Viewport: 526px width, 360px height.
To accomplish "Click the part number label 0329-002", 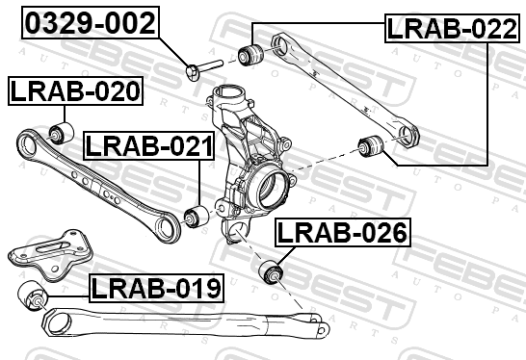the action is point(91,22).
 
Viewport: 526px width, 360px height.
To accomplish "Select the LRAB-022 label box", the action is point(452,29).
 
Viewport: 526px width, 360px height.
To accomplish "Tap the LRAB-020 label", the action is point(75,90).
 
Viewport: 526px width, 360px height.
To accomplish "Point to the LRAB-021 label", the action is point(149,145).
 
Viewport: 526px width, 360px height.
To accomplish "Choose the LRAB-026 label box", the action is point(343,232).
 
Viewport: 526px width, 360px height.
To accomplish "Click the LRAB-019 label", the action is point(156,288).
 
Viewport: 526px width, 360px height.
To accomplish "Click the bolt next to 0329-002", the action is point(203,68).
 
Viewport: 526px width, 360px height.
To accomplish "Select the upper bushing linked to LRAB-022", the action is point(250,54).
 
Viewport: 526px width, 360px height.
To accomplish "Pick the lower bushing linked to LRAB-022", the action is point(371,145).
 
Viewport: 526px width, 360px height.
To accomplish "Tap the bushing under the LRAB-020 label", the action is point(62,133).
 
